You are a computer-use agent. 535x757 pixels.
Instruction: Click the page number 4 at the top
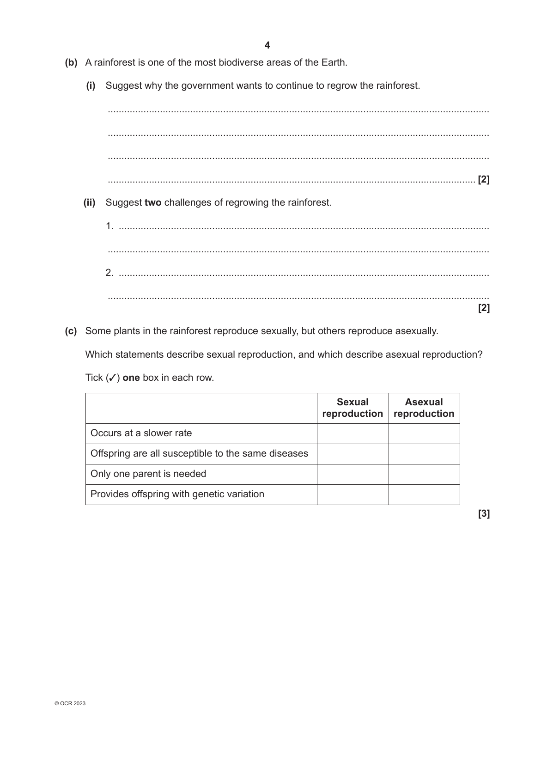click(x=267, y=45)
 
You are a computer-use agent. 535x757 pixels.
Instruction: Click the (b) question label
click(x=71, y=62)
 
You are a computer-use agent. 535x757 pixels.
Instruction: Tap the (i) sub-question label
click(x=91, y=85)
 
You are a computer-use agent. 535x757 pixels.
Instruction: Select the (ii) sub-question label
click(x=90, y=202)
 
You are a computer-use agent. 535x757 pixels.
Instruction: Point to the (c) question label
click(x=71, y=331)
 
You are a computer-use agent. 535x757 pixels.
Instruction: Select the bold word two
click(x=153, y=202)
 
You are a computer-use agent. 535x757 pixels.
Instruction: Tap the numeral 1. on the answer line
click(x=109, y=226)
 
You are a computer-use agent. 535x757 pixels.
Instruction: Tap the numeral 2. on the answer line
click(x=109, y=273)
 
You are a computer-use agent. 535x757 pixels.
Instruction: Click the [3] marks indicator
click(x=484, y=513)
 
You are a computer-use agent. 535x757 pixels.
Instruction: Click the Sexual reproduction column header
click(x=353, y=408)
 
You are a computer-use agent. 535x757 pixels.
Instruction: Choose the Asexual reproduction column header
click(x=424, y=408)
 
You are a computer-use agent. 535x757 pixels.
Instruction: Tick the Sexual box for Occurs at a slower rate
click(x=353, y=433)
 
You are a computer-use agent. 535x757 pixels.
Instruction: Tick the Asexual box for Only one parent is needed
click(x=424, y=474)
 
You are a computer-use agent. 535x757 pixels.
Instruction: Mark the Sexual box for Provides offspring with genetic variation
click(x=353, y=494)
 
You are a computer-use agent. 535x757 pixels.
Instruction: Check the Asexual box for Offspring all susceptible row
click(x=424, y=454)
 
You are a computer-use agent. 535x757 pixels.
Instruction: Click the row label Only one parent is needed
click(x=148, y=474)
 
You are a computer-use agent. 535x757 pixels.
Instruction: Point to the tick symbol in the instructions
click(x=111, y=378)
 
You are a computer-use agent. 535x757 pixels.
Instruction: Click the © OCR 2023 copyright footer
click(x=70, y=703)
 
